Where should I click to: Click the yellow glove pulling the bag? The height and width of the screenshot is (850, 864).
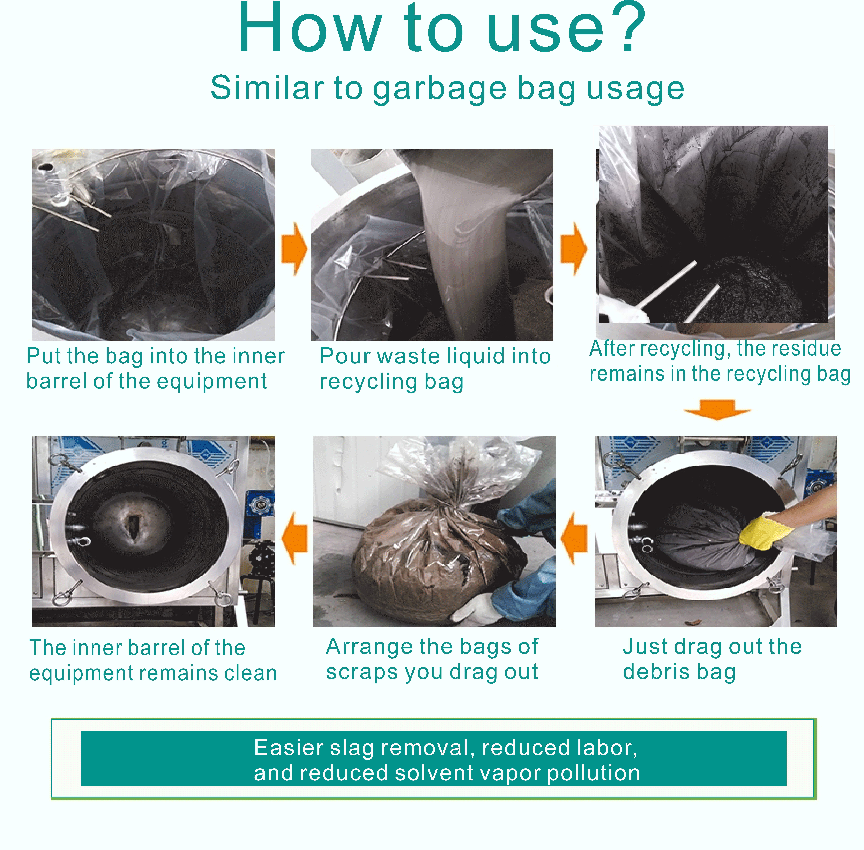click(x=764, y=531)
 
